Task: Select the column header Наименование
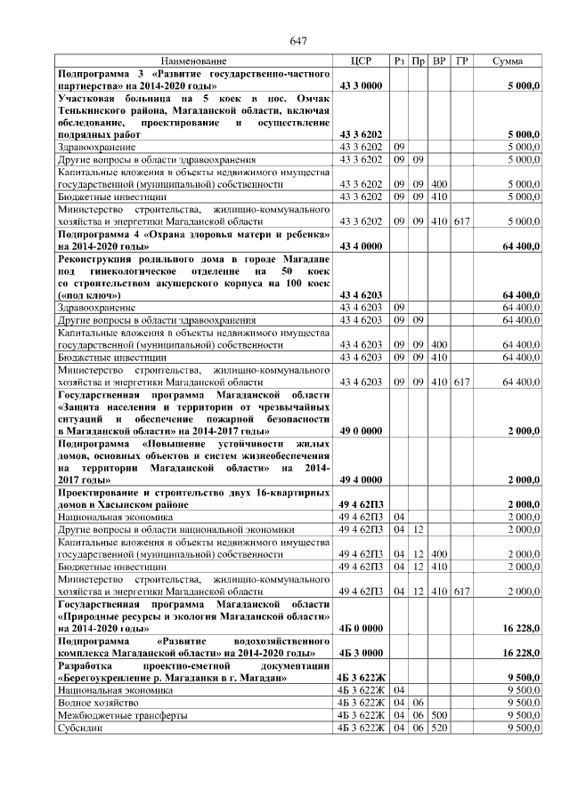tap(193, 60)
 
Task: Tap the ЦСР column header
tap(361, 60)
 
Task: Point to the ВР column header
tap(440, 60)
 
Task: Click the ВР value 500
tap(440, 714)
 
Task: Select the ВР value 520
tap(440, 727)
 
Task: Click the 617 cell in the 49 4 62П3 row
tap(461, 591)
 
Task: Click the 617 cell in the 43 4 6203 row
tap(461, 381)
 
